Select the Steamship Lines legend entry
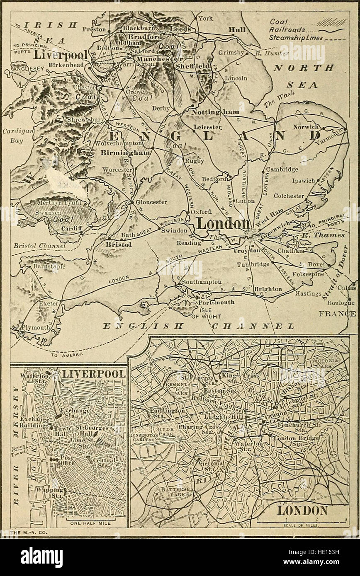click(x=296, y=38)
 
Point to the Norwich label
click(x=306, y=127)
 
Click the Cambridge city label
click(x=282, y=169)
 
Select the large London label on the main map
click(x=222, y=224)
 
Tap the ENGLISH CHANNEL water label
click(x=199, y=327)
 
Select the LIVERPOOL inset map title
click(x=93, y=374)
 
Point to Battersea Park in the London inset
click(x=170, y=494)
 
